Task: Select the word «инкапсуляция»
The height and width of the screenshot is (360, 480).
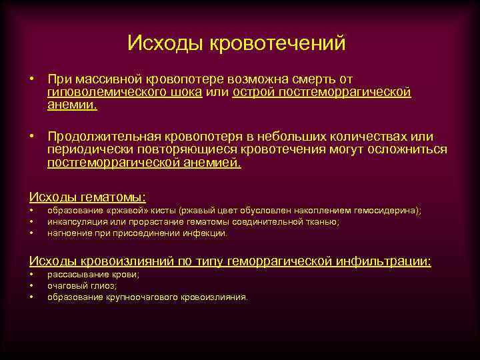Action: [73, 222]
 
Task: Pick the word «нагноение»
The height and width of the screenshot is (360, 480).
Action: [68, 233]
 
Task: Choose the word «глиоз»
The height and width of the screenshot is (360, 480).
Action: [104, 286]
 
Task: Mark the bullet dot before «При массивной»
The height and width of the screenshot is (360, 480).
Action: [32, 80]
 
